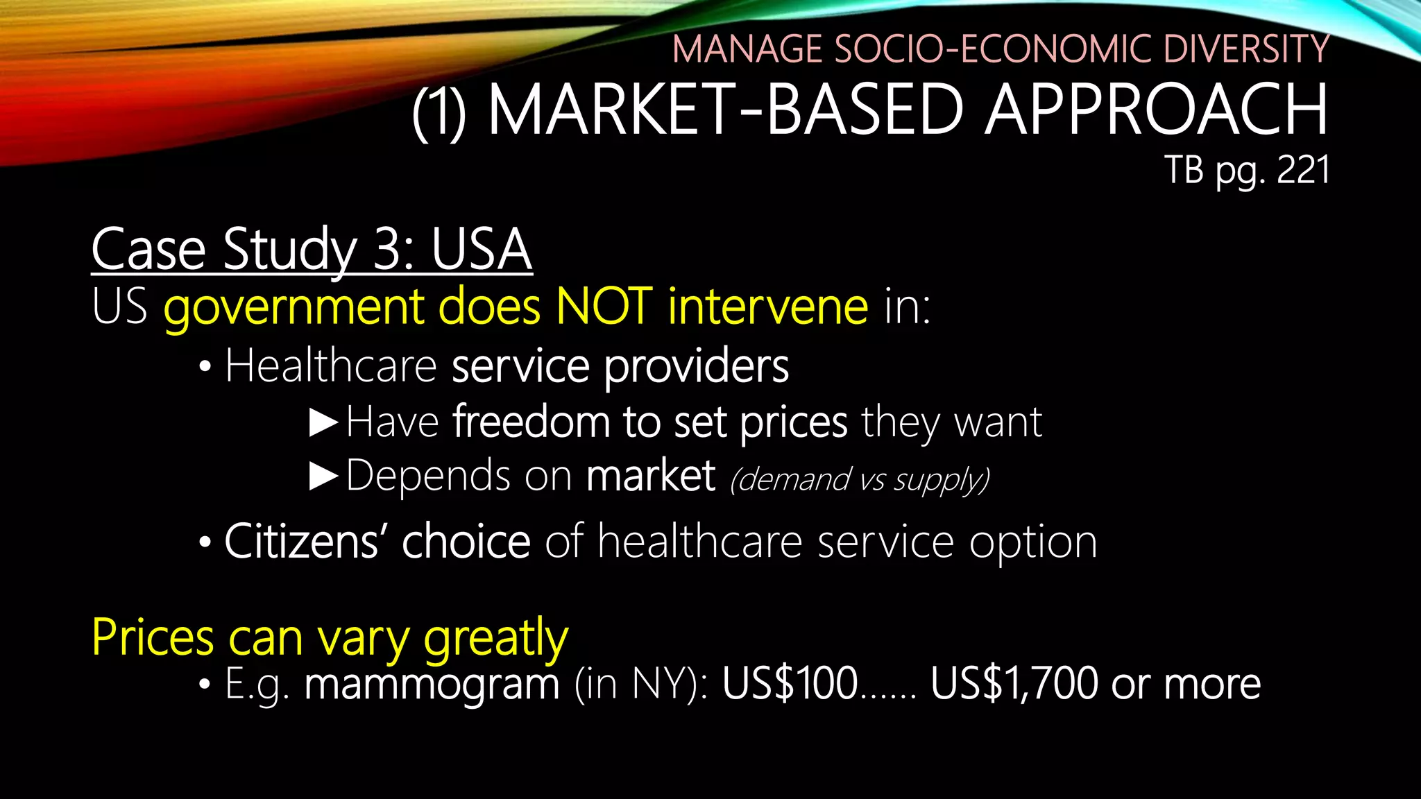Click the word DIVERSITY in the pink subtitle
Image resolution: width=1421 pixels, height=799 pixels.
1245,49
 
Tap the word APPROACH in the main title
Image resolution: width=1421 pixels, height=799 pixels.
1155,110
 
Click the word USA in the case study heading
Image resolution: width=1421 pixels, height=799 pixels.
482,250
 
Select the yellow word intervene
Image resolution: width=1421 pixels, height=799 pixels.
767,306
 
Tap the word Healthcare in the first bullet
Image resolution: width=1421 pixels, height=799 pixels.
330,366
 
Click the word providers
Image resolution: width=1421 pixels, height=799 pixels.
697,367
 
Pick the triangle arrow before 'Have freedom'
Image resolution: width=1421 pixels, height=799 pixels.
323,422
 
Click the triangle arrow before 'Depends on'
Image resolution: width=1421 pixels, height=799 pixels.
323,476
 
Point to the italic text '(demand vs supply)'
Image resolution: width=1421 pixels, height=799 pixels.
860,479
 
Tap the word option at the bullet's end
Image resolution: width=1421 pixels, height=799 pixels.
1033,542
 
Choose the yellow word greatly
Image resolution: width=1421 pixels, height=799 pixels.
495,638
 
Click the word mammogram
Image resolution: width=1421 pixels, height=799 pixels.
432,685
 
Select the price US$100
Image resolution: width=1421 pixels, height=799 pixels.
790,685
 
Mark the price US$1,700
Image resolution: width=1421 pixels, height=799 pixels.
1013,685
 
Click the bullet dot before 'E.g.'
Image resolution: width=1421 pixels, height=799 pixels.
203,685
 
